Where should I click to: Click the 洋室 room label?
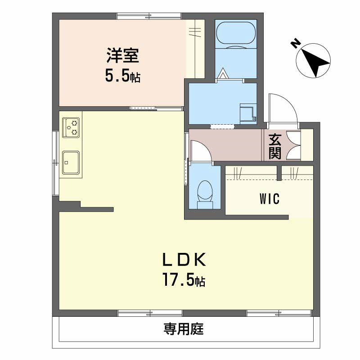122,56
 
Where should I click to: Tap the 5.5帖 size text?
122,75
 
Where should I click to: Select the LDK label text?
184,260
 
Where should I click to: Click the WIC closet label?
269,199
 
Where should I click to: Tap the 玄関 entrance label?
275,146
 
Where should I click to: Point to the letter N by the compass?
296,43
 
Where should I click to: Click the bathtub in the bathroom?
236,35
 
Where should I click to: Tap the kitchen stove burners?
71,127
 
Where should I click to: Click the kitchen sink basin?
71,162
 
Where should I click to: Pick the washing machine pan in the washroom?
247,113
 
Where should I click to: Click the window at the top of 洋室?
149,16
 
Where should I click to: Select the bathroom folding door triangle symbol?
224,73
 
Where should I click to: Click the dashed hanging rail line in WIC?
269,180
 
